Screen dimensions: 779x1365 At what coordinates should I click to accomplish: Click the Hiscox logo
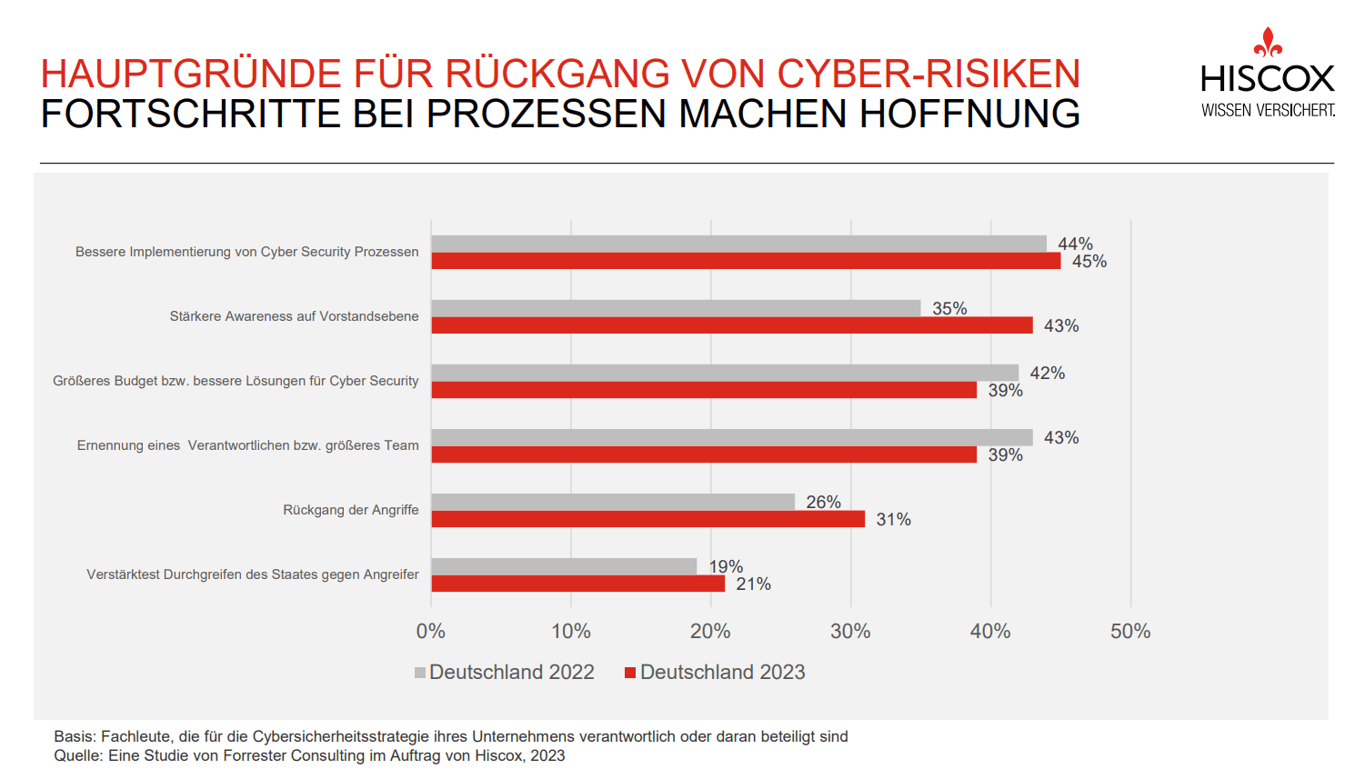[x=1268, y=75]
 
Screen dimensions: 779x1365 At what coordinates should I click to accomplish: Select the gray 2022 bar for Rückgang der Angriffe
[x=613, y=502]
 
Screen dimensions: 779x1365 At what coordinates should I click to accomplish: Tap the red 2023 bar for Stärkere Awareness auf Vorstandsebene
[x=732, y=325]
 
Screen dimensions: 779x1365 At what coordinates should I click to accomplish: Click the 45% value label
[x=1089, y=262]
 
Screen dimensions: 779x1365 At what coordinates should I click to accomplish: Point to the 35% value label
[x=949, y=309]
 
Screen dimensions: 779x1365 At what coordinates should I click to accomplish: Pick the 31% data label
[x=893, y=520]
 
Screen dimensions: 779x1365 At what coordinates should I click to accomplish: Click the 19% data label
[x=726, y=566]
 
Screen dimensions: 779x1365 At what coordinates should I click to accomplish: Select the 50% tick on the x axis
[x=1130, y=631]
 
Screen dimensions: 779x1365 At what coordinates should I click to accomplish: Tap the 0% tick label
[x=431, y=631]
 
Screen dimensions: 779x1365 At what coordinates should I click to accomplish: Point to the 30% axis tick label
[x=850, y=631]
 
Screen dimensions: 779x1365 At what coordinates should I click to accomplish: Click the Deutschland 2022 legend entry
[x=505, y=673]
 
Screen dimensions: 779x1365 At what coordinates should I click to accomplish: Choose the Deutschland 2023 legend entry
[x=716, y=673]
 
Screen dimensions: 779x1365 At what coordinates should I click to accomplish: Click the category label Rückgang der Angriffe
[x=351, y=510]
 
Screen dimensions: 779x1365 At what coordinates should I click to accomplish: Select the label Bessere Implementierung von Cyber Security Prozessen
[x=247, y=252]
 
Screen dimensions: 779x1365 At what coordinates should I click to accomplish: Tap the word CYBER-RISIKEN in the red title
[x=928, y=74]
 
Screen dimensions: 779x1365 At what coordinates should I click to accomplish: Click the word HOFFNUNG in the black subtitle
[x=969, y=114]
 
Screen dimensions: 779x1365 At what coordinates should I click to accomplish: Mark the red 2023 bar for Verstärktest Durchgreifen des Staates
[x=578, y=584]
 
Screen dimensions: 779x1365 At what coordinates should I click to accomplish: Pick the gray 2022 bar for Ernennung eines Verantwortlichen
[x=732, y=437]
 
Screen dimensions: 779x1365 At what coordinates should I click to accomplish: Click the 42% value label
[x=1047, y=374]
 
